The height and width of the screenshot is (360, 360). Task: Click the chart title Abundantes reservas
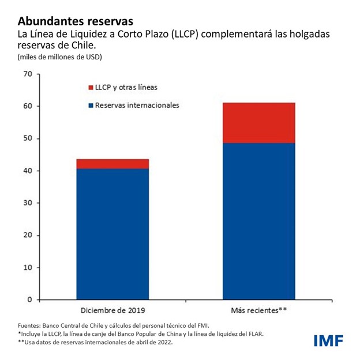click(x=76, y=21)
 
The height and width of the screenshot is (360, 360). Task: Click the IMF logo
click(x=327, y=340)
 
